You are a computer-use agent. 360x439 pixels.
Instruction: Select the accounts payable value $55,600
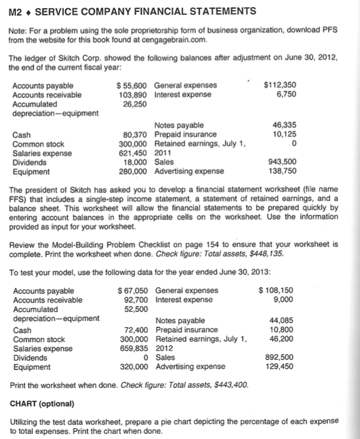(x=133, y=86)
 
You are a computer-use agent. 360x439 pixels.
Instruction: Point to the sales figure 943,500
(x=283, y=162)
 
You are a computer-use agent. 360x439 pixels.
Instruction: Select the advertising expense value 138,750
(x=283, y=171)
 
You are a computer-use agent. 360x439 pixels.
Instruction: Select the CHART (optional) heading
(x=42, y=404)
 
